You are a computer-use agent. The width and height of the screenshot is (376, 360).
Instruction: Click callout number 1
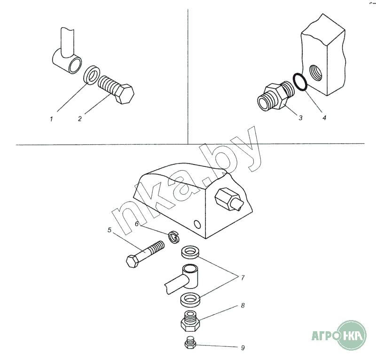click(x=51, y=119)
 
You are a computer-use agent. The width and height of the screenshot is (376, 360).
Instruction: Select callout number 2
click(x=79, y=119)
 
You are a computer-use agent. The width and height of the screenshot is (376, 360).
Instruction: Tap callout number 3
click(x=300, y=118)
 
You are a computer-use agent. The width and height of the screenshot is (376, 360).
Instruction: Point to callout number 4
click(x=324, y=118)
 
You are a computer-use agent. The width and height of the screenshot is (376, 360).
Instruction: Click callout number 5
click(x=110, y=230)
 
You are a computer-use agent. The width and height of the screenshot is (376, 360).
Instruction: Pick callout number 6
click(x=137, y=224)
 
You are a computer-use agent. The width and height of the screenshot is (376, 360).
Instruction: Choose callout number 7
click(x=243, y=278)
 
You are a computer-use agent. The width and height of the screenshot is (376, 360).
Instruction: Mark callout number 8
click(x=243, y=305)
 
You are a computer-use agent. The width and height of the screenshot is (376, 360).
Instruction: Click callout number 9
click(x=243, y=348)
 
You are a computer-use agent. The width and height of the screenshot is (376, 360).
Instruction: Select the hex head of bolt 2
click(x=125, y=94)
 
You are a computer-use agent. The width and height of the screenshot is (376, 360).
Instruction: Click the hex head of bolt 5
click(x=132, y=261)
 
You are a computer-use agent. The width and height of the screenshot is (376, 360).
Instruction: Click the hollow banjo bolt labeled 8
click(x=190, y=321)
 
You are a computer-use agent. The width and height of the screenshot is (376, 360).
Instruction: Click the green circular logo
click(x=352, y=335)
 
